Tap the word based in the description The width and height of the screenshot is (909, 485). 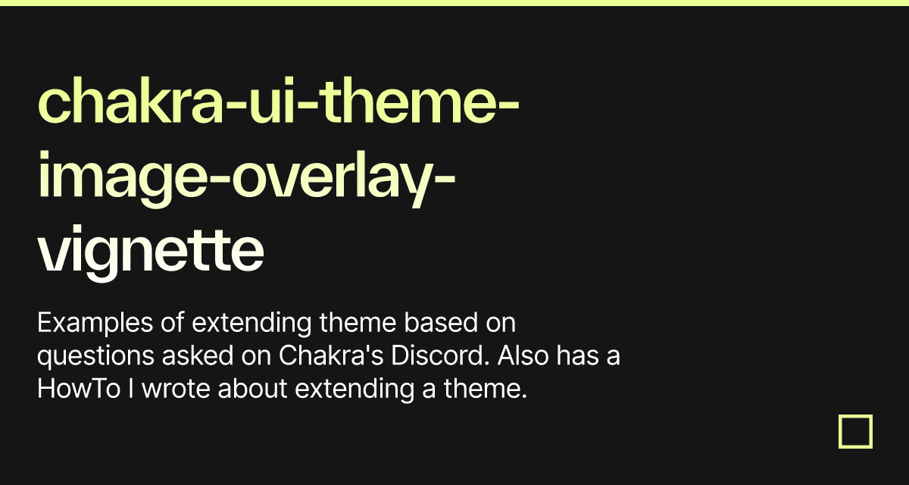tap(438, 324)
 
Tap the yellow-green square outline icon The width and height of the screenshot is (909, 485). tap(855, 431)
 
